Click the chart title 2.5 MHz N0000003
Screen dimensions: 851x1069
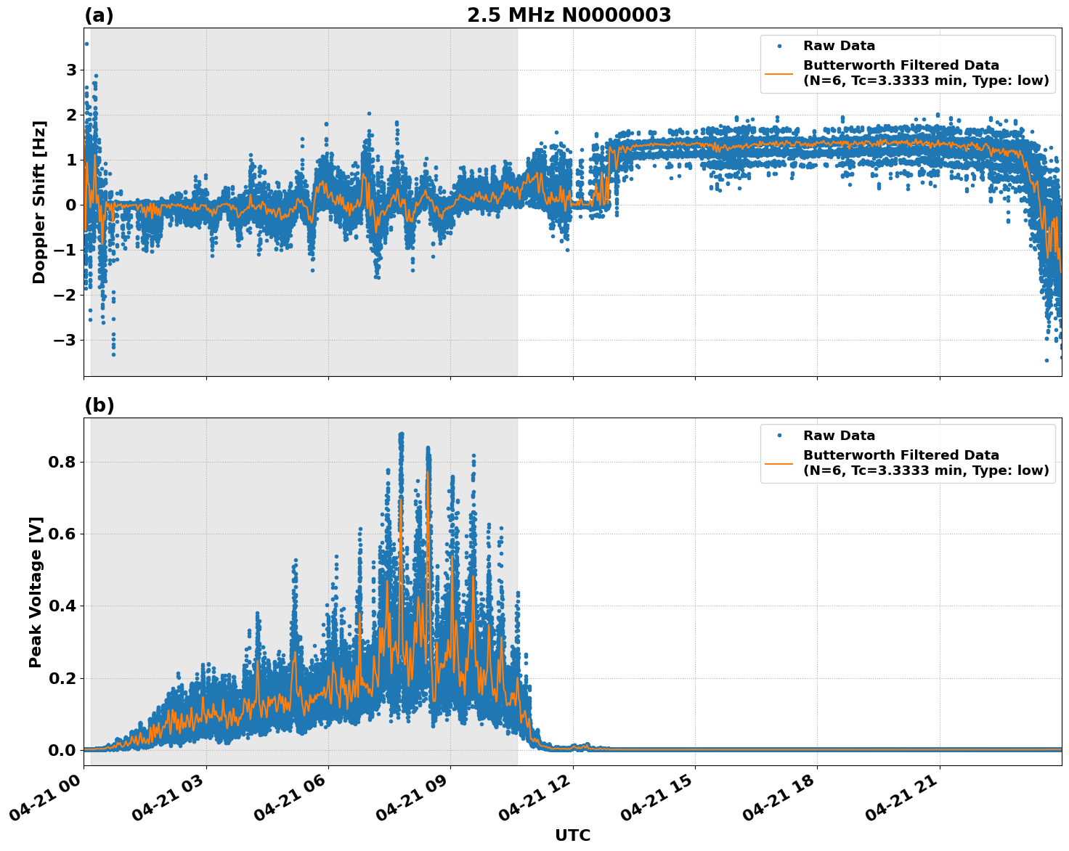pyautogui.click(x=569, y=15)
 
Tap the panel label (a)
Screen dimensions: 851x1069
pyautogui.click(x=99, y=15)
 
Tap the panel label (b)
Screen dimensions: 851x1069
pyautogui.click(x=99, y=405)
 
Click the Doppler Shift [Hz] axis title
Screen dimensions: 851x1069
pyautogui.click(x=39, y=202)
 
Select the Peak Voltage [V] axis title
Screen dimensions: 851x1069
pyautogui.click(x=36, y=592)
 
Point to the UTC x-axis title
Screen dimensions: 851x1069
pyautogui.click(x=572, y=835)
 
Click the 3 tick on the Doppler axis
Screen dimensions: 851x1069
pyautogui.click(x=71, y=70)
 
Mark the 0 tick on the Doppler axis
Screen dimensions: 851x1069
pyautogui.click(x=71, y=205)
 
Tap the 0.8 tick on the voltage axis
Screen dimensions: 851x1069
pyautogui.click(x=62, y=462)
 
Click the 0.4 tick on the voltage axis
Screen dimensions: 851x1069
pyautogui.click(x=62, y=606)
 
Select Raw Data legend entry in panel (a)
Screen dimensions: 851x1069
pyautogui.click(x=839, y=46)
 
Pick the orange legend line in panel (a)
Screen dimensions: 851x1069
pyautogui.click(x=779, y=73)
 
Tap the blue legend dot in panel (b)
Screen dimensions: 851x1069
pyautogui.click(x=779, y=436)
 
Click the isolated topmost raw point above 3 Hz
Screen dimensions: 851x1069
pyautogui.click(x=86, y=44)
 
